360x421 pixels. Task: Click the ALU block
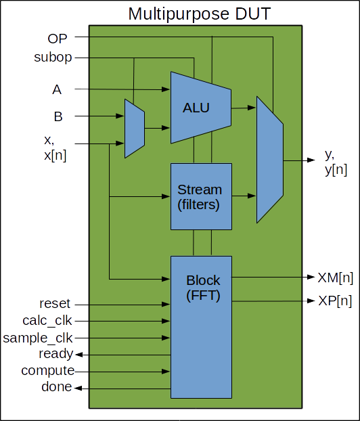click(x=201, y=108)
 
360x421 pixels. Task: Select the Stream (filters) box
click(x=202, y=196)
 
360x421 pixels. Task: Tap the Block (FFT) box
click(x=202, y=327)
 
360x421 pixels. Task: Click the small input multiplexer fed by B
click(x=135, y=129)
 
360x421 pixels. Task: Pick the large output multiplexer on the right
click(x=270, y=160)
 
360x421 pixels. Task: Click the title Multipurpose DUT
click(x=200, y=14)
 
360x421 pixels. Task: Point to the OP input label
click(x=58, y=39)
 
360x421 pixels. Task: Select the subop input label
click(x=53, y=57)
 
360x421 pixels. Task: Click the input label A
click(x=57, y=89)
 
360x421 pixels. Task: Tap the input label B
click(x=58, y=116)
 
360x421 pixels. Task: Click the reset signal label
click(x=55, y=304)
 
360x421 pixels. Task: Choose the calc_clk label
click(x=47, y=321)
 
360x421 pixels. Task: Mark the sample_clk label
click(x=38, y=338)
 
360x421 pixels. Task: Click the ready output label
click(x=56, y=354)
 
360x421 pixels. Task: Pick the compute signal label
click(x=48, y=371)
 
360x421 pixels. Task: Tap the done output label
click(x=57, y=386)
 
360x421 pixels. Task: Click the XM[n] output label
click(x=336, y=278)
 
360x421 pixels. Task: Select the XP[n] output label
click(x=335, y=301)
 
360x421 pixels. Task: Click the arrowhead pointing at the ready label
click(x=79, y=355)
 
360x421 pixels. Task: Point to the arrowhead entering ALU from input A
click(x=166, y=89)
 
